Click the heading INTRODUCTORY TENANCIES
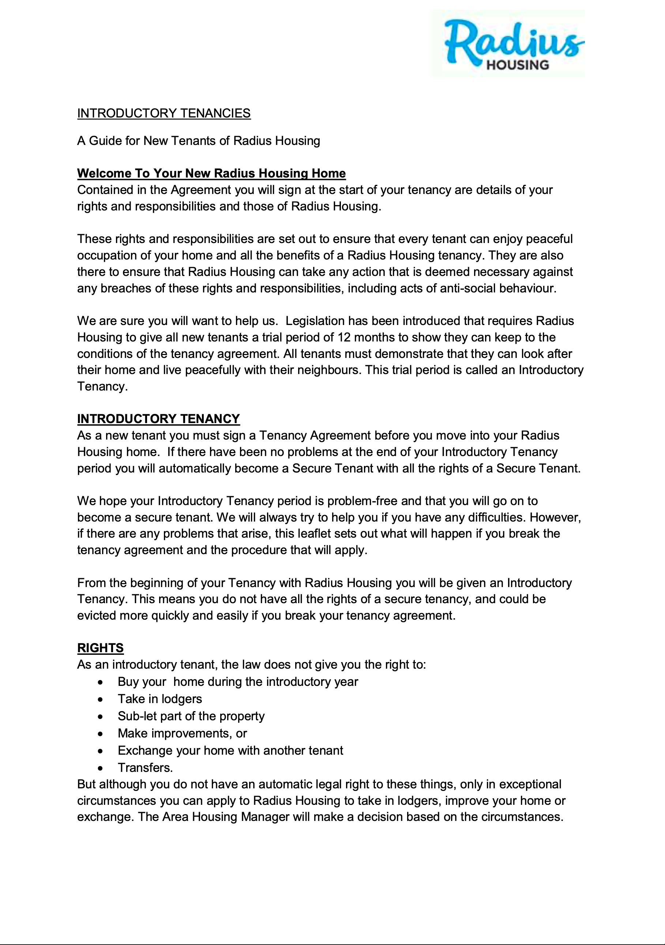[164, 113]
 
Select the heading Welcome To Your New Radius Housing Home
[211, 173]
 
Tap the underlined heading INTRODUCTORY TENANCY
[158, 419]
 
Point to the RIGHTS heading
[100, 648]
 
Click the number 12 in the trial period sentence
[344, 337]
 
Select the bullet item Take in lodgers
[159, 699]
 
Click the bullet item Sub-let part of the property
[191, 716]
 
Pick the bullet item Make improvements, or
[182, 733]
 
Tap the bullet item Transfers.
[145, 767]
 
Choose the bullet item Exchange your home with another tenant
[230, 750]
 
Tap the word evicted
[97, 615]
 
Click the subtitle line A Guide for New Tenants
[199, 141]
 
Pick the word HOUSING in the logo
[517, 65]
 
